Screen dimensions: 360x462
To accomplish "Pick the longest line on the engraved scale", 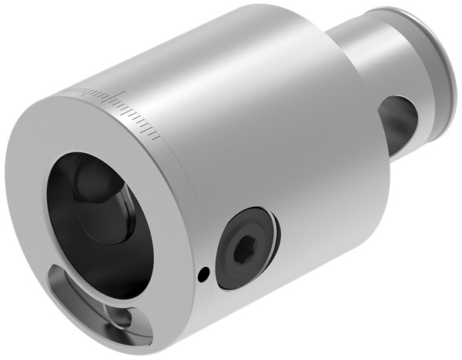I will pyautogui.click(x=121, y=98).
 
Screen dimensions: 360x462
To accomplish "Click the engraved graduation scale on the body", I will pyautogui.click(x=115, y=105).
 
